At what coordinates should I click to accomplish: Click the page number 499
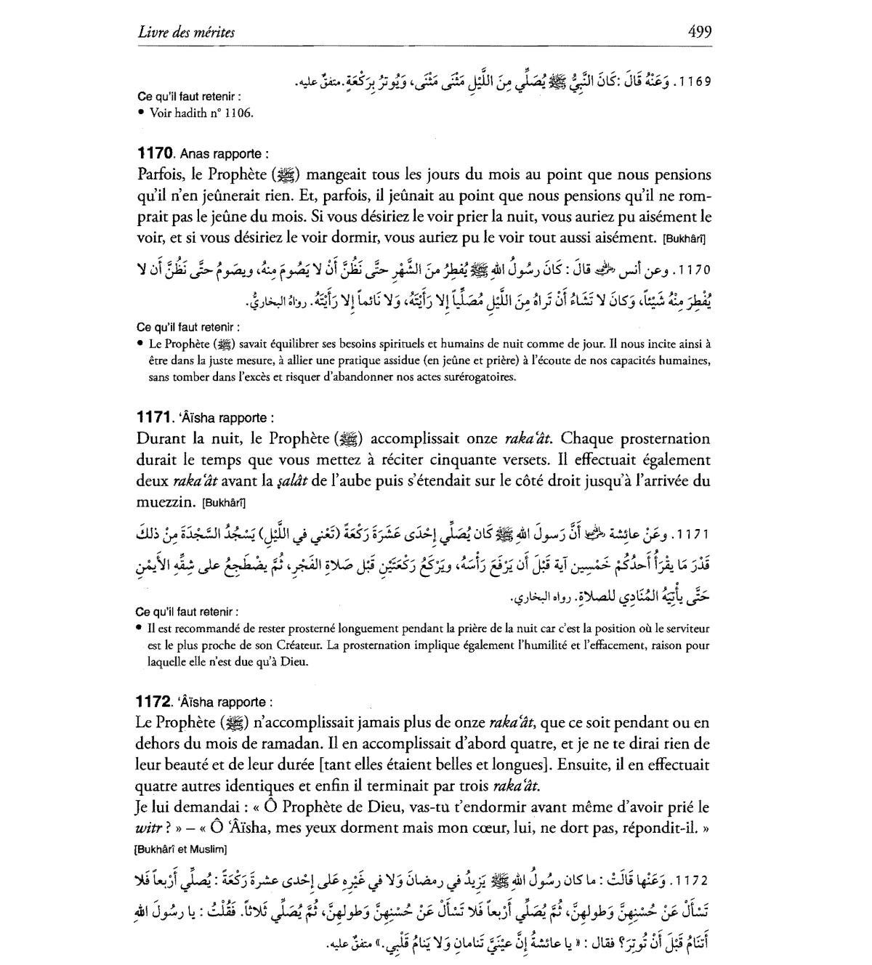pyautogui.click(x=698, y=32)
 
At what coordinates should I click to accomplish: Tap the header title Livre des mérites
pyautogui.click(x=186, y=33)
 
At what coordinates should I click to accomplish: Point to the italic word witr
pyautogui.click(x=149, y=828)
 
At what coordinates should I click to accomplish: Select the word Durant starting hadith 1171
pyautogui.click(x=161, y=439)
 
